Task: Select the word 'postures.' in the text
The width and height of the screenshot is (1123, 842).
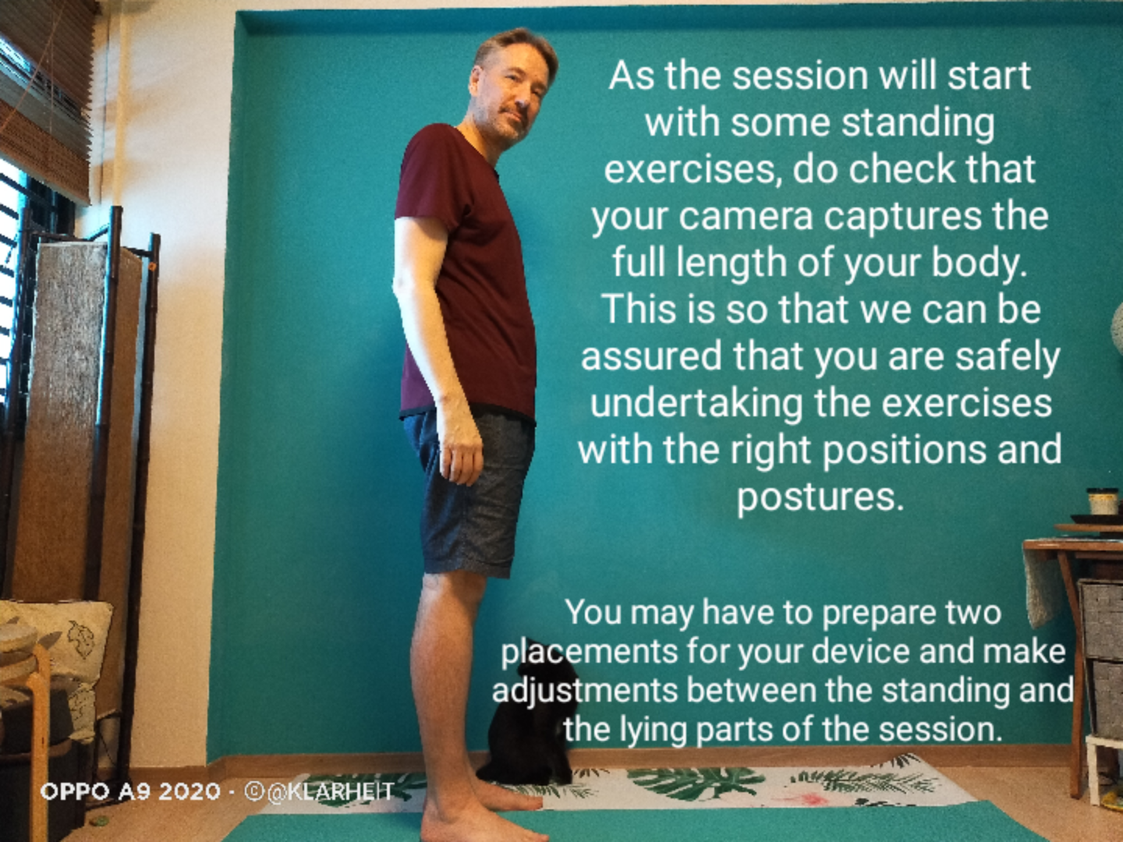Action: click(x=820, y=497)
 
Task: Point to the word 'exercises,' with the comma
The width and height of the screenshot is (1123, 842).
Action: click(x=693, y=169)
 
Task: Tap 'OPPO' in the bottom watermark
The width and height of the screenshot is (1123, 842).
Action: click(x=75, y=792)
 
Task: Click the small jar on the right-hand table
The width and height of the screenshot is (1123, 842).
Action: click(x=1103, y=501)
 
